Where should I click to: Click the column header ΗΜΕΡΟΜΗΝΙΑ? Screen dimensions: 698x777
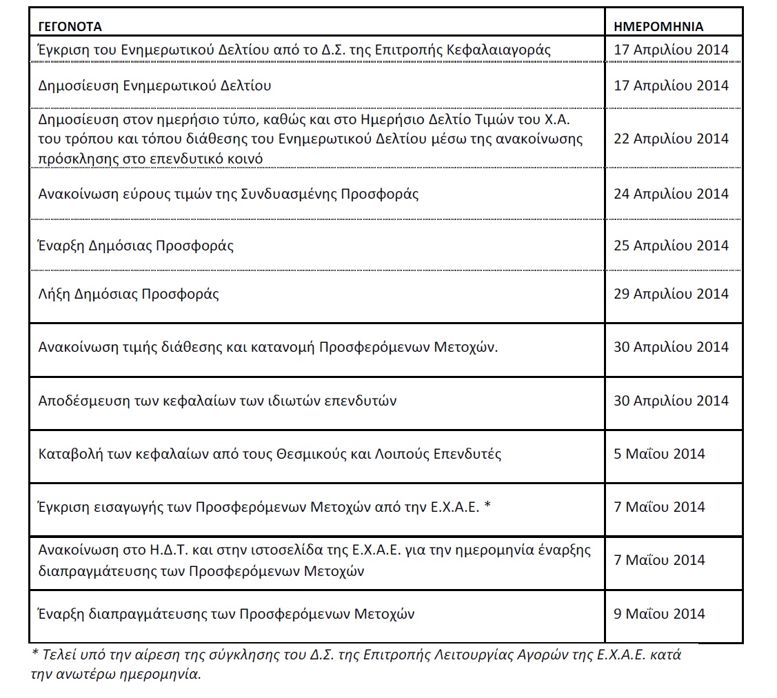[x=658, y=27]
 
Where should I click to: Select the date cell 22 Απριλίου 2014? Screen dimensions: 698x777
[x=671, y=139]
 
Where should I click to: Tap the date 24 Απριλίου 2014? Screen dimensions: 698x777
[x=671, y=194]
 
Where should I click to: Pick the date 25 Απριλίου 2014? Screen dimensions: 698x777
[x=671, y=246]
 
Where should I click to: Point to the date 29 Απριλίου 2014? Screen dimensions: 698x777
[x=671, y=295]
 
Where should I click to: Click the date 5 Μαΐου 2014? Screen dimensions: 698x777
[x=660, y=454]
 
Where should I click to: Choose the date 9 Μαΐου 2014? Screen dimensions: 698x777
[x=660, y=614]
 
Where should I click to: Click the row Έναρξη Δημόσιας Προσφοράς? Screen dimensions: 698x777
[x=137, y=246]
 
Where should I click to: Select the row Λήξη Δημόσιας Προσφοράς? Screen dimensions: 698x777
[x=129, y=295]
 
